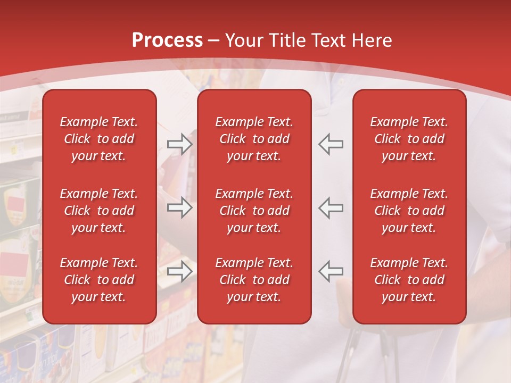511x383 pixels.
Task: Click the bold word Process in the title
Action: pos(167,40)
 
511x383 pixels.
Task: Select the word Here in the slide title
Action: pos(371,40)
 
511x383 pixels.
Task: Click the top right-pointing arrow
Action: pos(180,144)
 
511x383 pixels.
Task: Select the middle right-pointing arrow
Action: pos(180,207)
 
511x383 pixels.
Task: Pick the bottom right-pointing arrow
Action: pos(180,271)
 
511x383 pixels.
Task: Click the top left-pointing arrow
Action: pos(331,144)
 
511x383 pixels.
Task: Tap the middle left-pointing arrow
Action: pos(331,207)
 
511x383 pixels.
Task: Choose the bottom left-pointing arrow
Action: pos(331,271)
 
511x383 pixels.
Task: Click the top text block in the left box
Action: pos(99,139)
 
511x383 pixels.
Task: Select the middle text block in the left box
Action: pos(99,211)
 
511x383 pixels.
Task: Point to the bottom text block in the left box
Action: pos(99,280)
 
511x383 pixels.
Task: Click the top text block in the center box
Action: pos(254,139)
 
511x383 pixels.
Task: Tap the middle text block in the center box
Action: pos(254,211)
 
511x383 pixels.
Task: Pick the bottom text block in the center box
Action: pos(254,280)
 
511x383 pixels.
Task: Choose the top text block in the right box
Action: pos(409,139)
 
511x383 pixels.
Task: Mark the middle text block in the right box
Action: pos(409,211)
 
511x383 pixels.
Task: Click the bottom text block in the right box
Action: pos(409,280)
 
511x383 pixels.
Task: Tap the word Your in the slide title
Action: pos(242,40)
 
